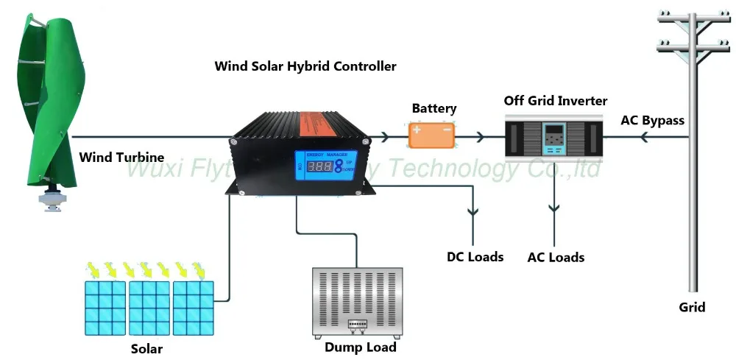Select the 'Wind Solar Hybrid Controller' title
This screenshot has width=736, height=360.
pyautogui.click(x=305, y=66)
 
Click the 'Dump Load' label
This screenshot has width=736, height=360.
pyautogui.click(x=361, y=347)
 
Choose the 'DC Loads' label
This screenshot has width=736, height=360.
pyautogui.click(x=475, y=257)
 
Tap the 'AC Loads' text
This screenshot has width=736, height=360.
pyautogui.click(x=556, y=258)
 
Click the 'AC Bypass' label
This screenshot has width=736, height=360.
pyautogui.click(x=653, y=120)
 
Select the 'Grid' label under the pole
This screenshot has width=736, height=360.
pyautogui.click(x=692, y=307)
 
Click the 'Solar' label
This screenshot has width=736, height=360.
pyautogui.click(x=146, y=348)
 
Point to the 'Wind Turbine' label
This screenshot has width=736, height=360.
pyautogui.click(x=121, y=157)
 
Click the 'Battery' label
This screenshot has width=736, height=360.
pyautogui.click(x=434, y=108)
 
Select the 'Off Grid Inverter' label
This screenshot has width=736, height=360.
pyautogui.click(x=556, y=100)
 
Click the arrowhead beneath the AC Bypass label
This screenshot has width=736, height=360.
pyautogui.click(x=643, y=137)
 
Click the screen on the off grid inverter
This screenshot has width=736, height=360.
pyautogui.click(x=554, y=138)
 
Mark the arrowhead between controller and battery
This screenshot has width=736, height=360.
pyautogui.click(x=385, y=137)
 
